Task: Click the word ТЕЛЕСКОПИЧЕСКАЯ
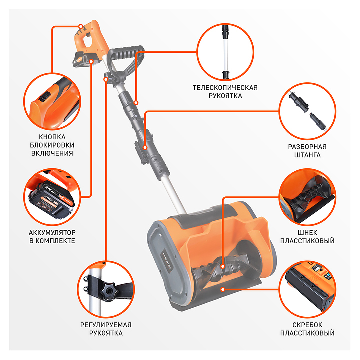point(225,88)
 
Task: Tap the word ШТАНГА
point(307,155)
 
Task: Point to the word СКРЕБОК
point(307,325)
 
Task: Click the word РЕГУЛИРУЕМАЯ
point(106,325)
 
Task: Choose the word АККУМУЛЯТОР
point(52,233)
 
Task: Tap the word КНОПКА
point(52,137)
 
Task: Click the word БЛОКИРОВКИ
point(52,145)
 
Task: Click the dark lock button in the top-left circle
point(45,96)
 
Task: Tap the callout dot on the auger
point(222,266)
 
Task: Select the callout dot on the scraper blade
point(222,289)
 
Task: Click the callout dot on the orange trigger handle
point(81,26)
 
